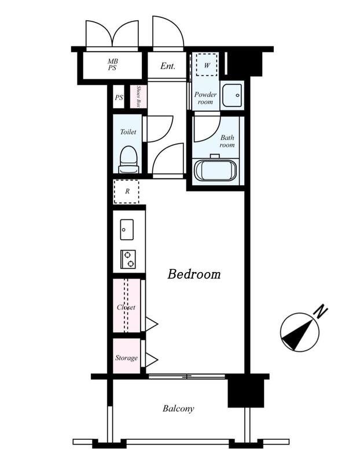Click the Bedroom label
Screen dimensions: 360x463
click(194, 274)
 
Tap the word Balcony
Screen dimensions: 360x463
click(178, 409)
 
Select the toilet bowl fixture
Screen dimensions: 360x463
click(128, 160)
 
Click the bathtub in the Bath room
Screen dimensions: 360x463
click(215, 170)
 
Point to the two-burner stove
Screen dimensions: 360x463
click(128, 259)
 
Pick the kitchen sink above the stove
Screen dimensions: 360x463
click(127, 230)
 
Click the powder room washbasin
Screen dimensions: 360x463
click(232, 95)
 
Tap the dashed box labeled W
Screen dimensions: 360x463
click(207, 65)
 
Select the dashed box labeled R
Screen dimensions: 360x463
click(126, 192)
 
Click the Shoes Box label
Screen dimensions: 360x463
click(138, 97)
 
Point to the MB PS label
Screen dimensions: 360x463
click(112, 65)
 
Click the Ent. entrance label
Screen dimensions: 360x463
click(168, 66)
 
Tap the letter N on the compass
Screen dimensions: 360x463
click(321, 312)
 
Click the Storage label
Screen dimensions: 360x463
click(126, 358)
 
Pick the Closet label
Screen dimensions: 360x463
click(126, 307)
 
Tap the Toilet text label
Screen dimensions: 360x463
click(128, 132)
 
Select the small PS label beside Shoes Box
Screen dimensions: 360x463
click(119, 97)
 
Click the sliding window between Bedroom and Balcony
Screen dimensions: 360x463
click(186, 377)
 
